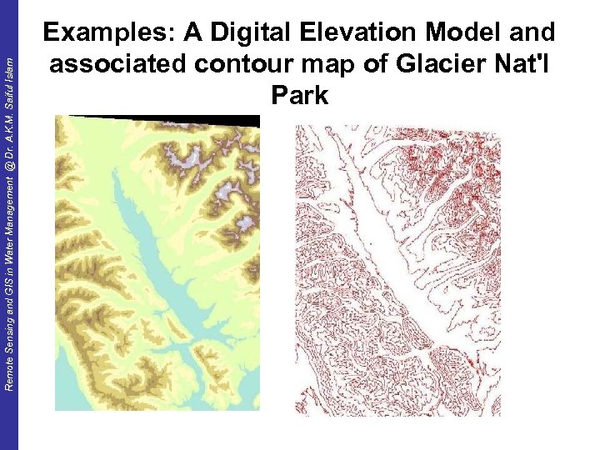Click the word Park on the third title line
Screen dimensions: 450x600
pyautogui.click(x=300, y=95)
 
